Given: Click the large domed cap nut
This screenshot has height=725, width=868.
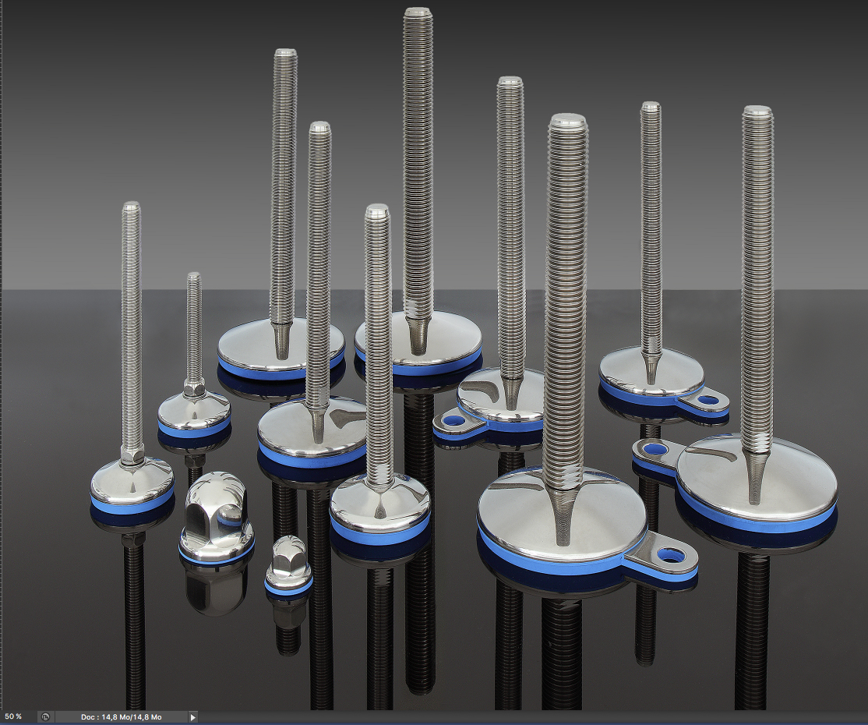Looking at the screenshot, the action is click(217, 515).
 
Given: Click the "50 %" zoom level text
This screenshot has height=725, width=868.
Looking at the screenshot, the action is click(13, 716).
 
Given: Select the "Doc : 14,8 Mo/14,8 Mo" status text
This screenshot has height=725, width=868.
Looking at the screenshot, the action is click(122, 717).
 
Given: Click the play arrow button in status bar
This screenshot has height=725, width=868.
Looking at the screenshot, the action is click(192, 717).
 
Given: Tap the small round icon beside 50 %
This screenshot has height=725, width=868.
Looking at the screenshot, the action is click(45, 717).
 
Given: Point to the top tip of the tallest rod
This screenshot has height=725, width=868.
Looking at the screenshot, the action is click(418, 9).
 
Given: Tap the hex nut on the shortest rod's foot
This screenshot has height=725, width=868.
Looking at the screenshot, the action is click(194, 387).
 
